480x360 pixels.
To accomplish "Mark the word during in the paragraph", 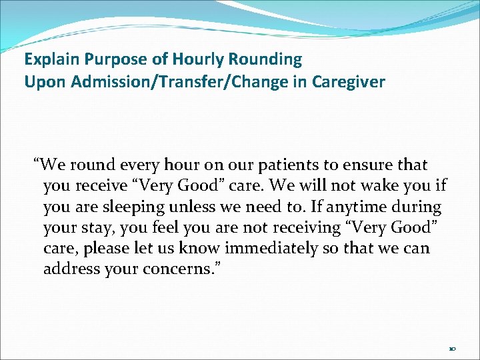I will click(418, 207).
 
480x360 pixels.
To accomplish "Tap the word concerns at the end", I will click(179, 269).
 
